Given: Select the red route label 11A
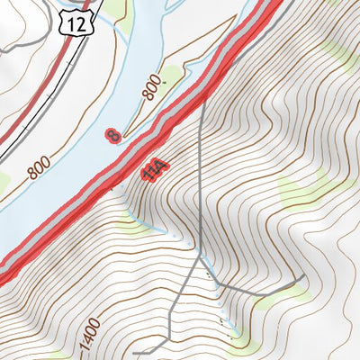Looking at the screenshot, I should click(x=154, y=170).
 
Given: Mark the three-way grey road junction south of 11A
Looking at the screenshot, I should click(x=200, y=257).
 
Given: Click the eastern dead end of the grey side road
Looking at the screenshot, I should click(x=296, y=281).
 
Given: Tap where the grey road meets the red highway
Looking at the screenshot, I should click(x=204, y=96).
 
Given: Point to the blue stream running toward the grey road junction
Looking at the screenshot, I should click(x=162, y=229).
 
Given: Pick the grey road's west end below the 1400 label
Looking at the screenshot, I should click(x=135, y=355).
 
